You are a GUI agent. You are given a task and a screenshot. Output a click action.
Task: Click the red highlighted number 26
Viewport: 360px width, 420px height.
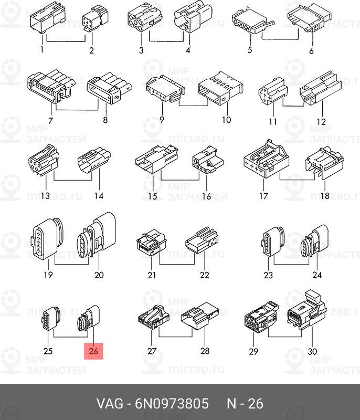click(x=93, y=351)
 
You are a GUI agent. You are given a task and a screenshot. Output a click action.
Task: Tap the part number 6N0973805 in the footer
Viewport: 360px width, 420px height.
click(x=172, y=404)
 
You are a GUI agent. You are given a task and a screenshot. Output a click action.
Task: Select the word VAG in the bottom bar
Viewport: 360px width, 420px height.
click(x=110, y=404)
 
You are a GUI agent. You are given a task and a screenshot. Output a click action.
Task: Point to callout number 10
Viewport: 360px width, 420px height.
click(x=226, y=120)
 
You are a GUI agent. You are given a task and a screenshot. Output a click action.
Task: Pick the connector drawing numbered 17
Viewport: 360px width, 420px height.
click(x=267, y=159)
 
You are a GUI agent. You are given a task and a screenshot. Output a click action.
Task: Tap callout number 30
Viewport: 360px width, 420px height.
click(x=312, y=351)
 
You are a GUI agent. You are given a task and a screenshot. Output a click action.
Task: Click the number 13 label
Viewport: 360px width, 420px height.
click(x=45, y=195)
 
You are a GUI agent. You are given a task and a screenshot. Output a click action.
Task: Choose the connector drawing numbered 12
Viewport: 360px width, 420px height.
click(x=321, y=88)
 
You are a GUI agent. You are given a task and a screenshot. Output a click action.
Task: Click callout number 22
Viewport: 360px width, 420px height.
click(x=205, y=275)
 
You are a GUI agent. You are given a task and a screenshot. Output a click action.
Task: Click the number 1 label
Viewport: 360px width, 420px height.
click(x=42, y=49)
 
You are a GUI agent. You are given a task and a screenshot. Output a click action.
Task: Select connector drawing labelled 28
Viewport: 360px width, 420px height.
click(x=199, y=316)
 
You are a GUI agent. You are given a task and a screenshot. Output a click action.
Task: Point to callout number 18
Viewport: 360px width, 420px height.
click(x=325, y=195)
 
